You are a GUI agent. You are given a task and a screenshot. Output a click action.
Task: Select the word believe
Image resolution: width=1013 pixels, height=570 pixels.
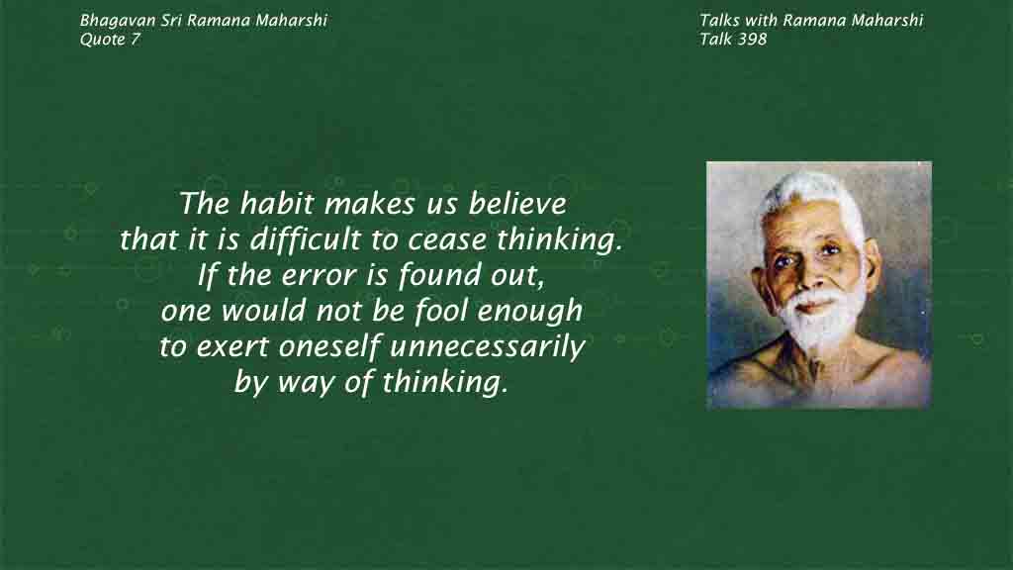[517, 204]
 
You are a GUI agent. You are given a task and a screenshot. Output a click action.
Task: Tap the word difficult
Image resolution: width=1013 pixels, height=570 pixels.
[306, 240]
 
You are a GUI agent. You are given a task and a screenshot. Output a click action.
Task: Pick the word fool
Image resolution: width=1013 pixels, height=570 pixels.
[440, 311]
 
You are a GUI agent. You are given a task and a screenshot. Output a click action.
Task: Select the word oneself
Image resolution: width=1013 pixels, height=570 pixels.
[329, 346]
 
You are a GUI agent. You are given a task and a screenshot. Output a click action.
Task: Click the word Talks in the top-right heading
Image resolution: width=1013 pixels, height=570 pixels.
[719, 21]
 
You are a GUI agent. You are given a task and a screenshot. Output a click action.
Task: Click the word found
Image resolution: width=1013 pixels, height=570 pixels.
[439, 276]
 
